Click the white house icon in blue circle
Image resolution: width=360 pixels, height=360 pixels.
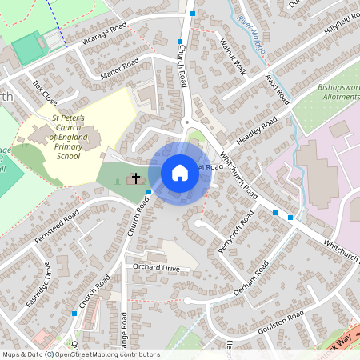pos(180,173)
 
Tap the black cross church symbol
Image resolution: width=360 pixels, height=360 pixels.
pos(137,178)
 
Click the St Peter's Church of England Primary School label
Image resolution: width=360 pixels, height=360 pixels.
pos(68,137)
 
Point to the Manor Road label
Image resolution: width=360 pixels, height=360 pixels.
pos(119,69)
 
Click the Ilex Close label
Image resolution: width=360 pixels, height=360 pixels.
pos(43,93)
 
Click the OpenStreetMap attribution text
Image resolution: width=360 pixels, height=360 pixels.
pos(80,354)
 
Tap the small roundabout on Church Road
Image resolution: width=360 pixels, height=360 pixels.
pos(186,122)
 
